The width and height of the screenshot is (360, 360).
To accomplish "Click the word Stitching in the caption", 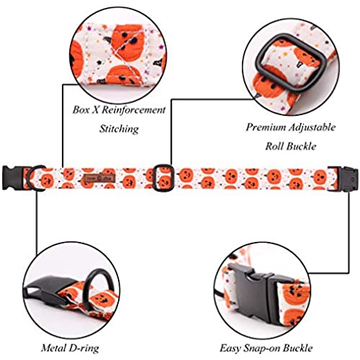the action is [x=119, y=129].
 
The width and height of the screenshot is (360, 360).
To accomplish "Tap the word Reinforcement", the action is [x=133, y=110].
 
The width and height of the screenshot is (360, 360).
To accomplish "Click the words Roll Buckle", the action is [x=290, y=146].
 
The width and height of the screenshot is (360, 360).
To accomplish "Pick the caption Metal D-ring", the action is [x=70, y=348].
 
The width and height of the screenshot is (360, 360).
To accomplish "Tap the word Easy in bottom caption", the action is [x=230, y=348].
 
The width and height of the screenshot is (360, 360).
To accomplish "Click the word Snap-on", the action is [x=261, y=348].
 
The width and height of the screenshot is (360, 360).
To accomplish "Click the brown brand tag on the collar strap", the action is [x=100, y=178].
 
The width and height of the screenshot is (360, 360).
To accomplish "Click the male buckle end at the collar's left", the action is [x=12, y=178].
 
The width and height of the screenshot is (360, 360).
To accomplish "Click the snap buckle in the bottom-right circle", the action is [x=261, y=292].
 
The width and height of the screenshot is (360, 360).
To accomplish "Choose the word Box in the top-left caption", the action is [x=81, y=110].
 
